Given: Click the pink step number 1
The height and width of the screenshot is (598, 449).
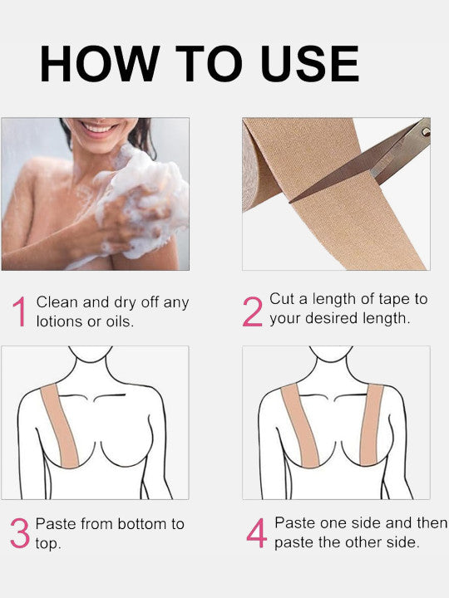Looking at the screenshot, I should [x=19, y=313].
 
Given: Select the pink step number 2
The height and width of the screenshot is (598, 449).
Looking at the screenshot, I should [x=253, y=313].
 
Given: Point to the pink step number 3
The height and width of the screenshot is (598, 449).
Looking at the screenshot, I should [x=20, y=533].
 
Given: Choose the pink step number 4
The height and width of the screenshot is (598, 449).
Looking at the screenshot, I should [x=257, y=533].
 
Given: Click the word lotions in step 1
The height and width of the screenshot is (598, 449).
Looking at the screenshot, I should [x=59, y=321].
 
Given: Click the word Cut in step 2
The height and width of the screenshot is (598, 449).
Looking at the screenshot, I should [x=282, y=300].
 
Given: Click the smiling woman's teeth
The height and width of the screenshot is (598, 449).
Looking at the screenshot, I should [x=100, y=128].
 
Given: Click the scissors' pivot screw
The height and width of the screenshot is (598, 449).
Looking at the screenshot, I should [x=425, y=130].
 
